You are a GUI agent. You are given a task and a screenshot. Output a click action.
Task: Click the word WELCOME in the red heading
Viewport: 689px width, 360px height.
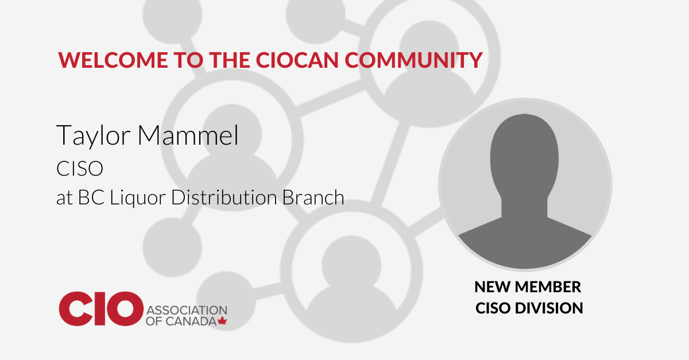(x=113, y=60)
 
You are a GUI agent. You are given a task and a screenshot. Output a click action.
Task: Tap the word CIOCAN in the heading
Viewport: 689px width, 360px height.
(x=297, y=60)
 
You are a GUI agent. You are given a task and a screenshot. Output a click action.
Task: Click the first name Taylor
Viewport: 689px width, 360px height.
(x=94, y=136)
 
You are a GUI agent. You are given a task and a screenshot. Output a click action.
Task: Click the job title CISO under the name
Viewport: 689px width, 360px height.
(x=80, y=169)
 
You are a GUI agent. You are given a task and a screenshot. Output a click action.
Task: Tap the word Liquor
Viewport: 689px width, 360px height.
(x=138, y=198)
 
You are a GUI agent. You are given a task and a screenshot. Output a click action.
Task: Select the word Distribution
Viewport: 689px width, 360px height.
(x=224, y=197)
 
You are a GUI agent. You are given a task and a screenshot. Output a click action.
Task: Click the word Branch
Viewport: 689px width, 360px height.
(x=313, y=197)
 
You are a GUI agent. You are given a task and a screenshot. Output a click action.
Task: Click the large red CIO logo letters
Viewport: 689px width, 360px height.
(x=101, y=309)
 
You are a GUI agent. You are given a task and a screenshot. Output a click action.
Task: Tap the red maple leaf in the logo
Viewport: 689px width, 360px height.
(x=222, y=321)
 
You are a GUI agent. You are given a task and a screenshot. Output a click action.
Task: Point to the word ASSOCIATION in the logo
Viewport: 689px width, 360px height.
(x=187, y=310)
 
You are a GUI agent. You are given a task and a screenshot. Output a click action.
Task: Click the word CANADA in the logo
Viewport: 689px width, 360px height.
(x=191, y=322)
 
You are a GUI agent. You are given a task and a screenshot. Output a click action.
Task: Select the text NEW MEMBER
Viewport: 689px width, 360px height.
(x=528, y=287)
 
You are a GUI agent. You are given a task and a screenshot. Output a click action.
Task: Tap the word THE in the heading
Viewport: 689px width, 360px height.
(x=230, y=60)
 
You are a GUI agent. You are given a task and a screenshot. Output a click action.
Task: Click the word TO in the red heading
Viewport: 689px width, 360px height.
(x=188, y=60)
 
